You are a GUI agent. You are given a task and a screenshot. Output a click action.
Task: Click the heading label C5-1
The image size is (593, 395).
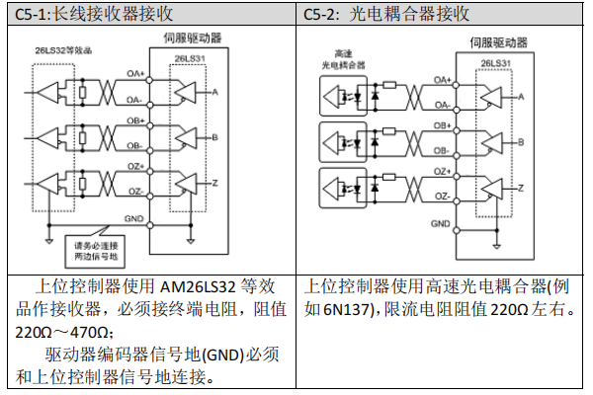tap(32, 14)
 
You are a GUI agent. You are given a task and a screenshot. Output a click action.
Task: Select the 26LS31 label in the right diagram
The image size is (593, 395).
tap(495, 62)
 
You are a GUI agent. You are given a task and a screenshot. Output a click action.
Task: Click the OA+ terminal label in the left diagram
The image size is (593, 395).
tap(134, 74)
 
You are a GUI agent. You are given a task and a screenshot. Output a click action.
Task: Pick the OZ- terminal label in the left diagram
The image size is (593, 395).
tap(135, 193)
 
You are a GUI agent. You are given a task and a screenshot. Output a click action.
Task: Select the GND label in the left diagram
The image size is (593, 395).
tap(133, 217)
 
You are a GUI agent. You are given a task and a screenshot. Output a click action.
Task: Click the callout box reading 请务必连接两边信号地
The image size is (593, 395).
tap(94, 250)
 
